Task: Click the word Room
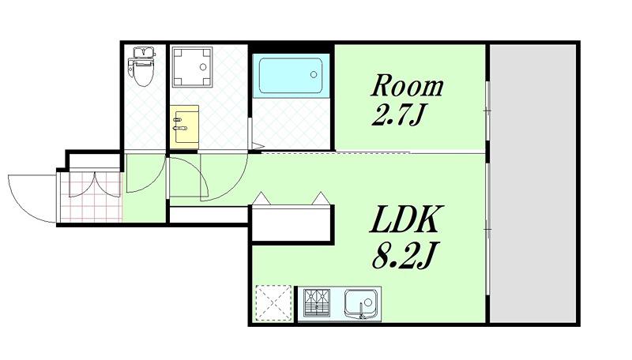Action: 407,85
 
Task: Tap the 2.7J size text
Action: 398,116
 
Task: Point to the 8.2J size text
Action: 404,255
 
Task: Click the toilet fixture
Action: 141,66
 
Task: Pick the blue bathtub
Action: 290,76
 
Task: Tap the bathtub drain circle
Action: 314,74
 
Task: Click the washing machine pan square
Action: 192,67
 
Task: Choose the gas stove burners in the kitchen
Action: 317,302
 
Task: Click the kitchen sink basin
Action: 361,304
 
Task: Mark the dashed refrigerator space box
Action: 273,303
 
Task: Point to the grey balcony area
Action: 532,183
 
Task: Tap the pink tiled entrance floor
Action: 91,197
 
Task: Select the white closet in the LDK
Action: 292,224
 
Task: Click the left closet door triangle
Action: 261,198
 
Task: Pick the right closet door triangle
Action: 322,198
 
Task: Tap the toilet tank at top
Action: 144,52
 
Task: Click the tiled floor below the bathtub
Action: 291,124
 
